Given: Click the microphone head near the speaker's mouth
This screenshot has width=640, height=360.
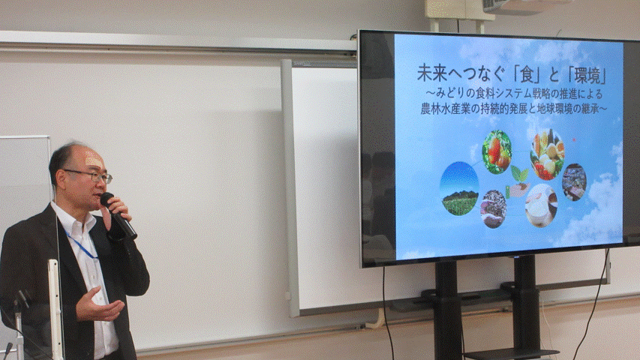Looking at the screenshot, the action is coord(107,199).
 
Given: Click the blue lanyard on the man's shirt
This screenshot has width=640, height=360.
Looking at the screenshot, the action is coord(81,244).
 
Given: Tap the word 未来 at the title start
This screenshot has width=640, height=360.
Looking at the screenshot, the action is coord(437,73).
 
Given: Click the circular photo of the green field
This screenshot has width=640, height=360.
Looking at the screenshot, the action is coord(459,188).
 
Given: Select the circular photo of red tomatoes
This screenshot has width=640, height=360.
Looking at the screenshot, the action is coord(497,151).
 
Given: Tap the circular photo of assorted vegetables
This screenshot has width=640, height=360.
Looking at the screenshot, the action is coord(547,154).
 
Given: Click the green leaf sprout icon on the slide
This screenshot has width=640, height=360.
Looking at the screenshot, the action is coord(518,174).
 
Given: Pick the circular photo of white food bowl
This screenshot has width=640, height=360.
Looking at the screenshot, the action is coord(541,205).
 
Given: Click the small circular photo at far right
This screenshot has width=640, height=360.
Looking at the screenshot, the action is coord(574,182).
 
